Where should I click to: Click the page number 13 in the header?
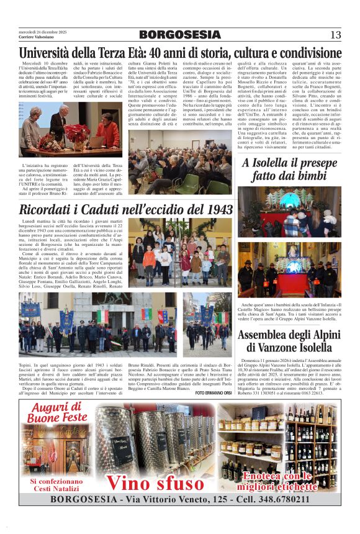point(336,34)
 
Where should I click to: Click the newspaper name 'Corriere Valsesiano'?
point(35,38)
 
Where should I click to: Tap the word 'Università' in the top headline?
point(50,52)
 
